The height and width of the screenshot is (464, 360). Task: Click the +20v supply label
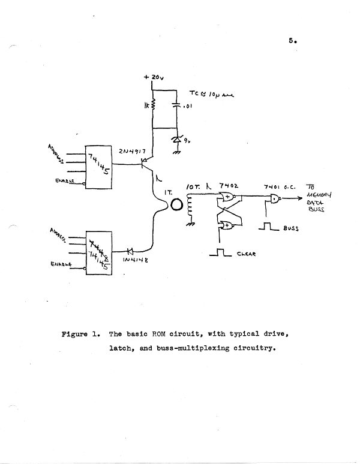coord(154,78)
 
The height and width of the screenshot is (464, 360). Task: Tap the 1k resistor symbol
coord(152,106)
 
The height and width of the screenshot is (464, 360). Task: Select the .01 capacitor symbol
coord(176,106)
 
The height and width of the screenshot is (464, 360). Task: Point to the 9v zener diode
coord(176,139)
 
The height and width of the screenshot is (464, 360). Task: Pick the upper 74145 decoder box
coord(101,167)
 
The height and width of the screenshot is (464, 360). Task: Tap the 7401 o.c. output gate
coord(275,200)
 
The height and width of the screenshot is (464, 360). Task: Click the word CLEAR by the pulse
coord(247,254)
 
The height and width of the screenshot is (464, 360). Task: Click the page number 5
coord(291,41)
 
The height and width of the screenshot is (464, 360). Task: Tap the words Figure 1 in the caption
coord(80,333)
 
